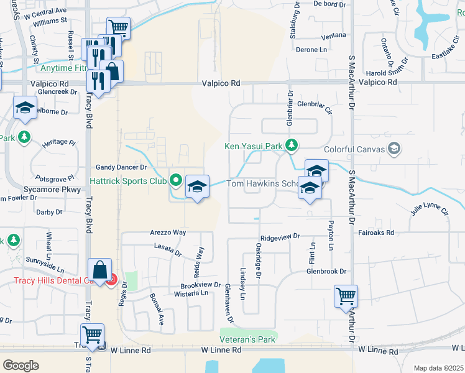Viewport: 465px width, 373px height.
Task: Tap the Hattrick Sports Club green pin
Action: (176, 181)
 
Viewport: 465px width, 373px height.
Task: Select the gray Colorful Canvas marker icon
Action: (393, 149)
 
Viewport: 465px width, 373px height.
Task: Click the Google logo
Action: (21, 365)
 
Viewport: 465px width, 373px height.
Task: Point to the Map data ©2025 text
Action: (439, 368)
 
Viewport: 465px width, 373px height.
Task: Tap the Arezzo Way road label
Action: (168, 232)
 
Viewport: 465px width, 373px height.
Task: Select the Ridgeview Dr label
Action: (280, 237)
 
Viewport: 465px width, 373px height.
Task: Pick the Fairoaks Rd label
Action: (377, 233)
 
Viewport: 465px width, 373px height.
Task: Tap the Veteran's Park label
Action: (247, 340)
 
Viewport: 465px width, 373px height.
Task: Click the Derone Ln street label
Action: (311, 49)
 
